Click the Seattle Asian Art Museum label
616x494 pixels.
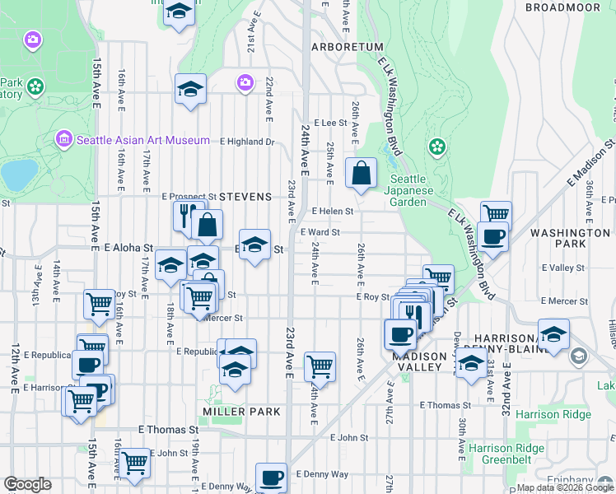point(142,140)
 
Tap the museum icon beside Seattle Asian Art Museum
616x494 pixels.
point(65,140)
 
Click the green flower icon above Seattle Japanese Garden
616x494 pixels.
point(436,147)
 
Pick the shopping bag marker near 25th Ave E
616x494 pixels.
point(361,174)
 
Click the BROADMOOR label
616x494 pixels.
point(563,7)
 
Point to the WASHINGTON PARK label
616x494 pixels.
point(570,233)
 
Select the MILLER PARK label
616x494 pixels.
point(241,411)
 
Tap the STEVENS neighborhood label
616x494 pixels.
point(245,197)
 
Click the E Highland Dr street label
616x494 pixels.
point(246,142)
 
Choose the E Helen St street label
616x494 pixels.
point(332,211)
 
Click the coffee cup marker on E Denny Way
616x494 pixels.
point(271,478)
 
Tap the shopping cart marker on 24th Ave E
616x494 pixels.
point(320,366)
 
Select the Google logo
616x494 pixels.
point(27,484)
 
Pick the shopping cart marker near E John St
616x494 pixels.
point(134,462)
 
